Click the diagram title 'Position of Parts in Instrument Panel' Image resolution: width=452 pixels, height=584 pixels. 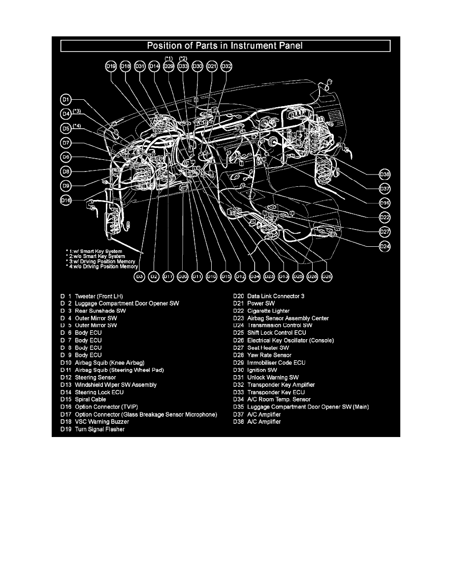[225, 46]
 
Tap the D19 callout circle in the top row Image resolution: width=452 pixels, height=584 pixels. [111, 66]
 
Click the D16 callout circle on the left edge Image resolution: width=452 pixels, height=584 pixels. [65, 200]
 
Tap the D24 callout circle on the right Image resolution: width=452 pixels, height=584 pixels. [385, 246]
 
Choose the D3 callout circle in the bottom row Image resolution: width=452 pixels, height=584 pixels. [139, 277]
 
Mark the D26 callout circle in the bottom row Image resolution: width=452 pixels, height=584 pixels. [326, 277]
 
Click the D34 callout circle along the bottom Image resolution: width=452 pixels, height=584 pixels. [255, 277]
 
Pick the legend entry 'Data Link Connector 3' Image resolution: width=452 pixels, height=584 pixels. [276, 296]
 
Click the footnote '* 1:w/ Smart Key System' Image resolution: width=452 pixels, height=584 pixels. [95, 251]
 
